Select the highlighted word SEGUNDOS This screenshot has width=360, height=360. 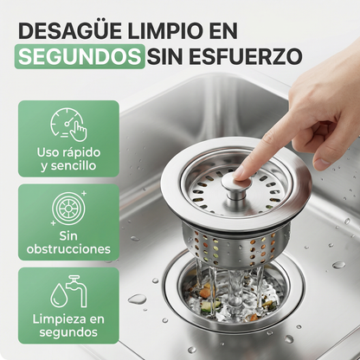pos(79,57)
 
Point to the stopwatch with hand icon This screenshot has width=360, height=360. pos(67,124)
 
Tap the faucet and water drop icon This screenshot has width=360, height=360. pos(67,292)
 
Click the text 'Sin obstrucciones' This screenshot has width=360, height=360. pos(67,242)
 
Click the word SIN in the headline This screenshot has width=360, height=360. pos(168,57)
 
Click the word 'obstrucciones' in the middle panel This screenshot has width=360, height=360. pos(67,249)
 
